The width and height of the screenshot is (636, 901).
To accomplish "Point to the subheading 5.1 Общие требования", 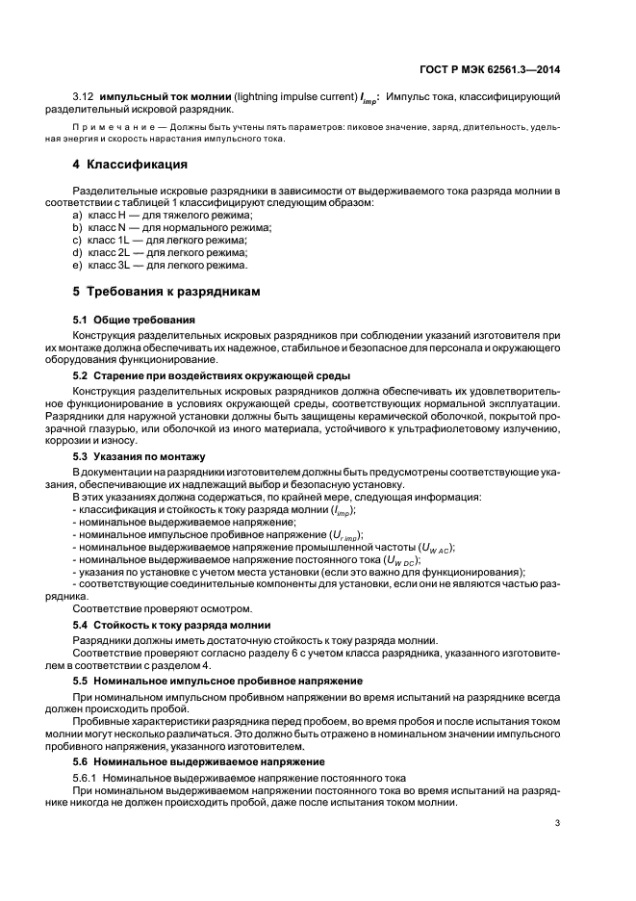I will pos(135,319).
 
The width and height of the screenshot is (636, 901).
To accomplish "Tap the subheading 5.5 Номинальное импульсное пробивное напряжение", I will pos(212,681).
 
